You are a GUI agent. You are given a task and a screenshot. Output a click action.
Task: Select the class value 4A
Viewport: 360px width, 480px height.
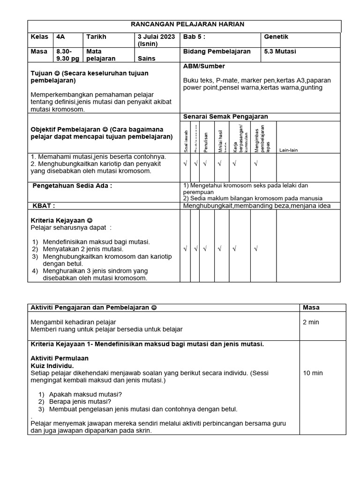61,37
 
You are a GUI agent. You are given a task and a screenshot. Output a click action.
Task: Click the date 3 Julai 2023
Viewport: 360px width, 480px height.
156,37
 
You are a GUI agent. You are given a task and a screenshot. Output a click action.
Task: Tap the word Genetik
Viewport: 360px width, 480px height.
277,37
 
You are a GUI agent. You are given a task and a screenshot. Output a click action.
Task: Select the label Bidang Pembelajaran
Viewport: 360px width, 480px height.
217,52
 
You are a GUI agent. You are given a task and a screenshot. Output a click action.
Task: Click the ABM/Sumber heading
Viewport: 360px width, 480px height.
204,66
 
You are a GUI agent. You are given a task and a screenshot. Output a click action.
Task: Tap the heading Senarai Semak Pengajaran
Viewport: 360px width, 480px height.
225,116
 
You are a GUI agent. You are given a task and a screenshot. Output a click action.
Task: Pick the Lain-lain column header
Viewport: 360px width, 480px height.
288,150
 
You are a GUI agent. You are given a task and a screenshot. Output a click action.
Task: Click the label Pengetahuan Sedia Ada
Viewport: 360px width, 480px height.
72,186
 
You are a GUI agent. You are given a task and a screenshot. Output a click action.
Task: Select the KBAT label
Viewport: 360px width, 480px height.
44,205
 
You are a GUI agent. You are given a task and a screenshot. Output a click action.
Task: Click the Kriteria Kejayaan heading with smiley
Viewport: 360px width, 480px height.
61,220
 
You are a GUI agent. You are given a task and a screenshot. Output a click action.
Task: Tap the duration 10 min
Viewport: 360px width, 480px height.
313,373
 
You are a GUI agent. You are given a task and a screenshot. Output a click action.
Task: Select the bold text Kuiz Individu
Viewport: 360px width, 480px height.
52,365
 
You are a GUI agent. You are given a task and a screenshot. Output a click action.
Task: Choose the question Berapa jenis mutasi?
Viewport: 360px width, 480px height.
80,401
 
